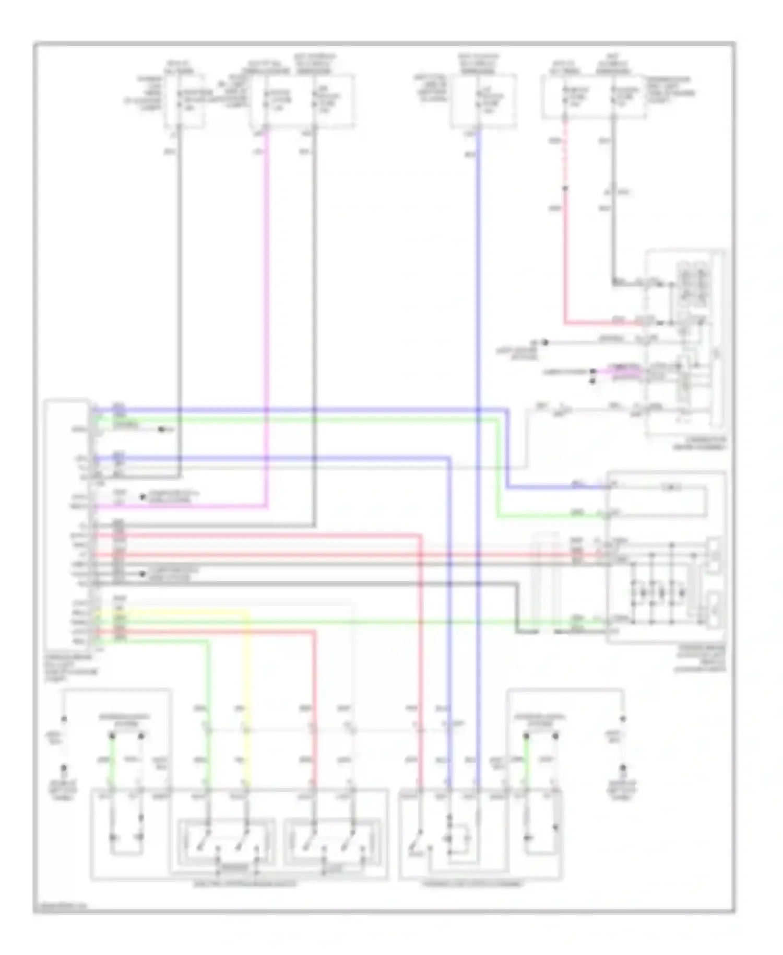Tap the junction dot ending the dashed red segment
[564, 188]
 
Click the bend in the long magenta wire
[267, 506]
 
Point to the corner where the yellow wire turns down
[247, 611]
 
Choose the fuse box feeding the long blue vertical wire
[483, 101]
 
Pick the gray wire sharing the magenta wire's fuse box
[315, 313]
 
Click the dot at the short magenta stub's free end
[593, 371]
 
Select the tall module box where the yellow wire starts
[67, 522]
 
